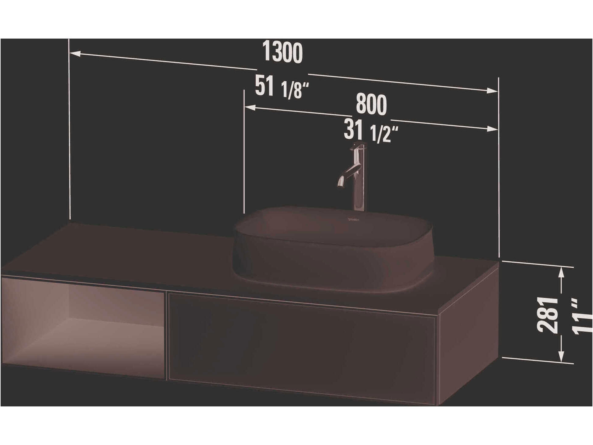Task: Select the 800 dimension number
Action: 371,105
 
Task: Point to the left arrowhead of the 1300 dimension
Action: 75,54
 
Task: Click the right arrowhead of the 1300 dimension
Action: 492,91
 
